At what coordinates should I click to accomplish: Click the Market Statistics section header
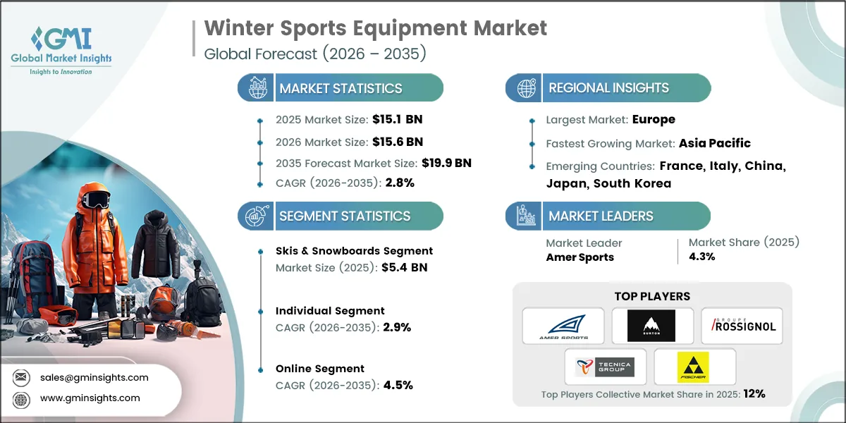[341, 88]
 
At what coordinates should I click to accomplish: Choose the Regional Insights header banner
[608, 88]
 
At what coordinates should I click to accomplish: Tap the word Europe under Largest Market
[653, 119]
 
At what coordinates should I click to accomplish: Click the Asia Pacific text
[714, 143]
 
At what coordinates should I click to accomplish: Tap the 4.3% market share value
[702, 257]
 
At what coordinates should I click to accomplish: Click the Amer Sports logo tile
[563, 326]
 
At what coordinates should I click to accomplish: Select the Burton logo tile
[651, 326]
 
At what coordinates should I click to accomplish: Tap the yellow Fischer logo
[694, 367]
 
